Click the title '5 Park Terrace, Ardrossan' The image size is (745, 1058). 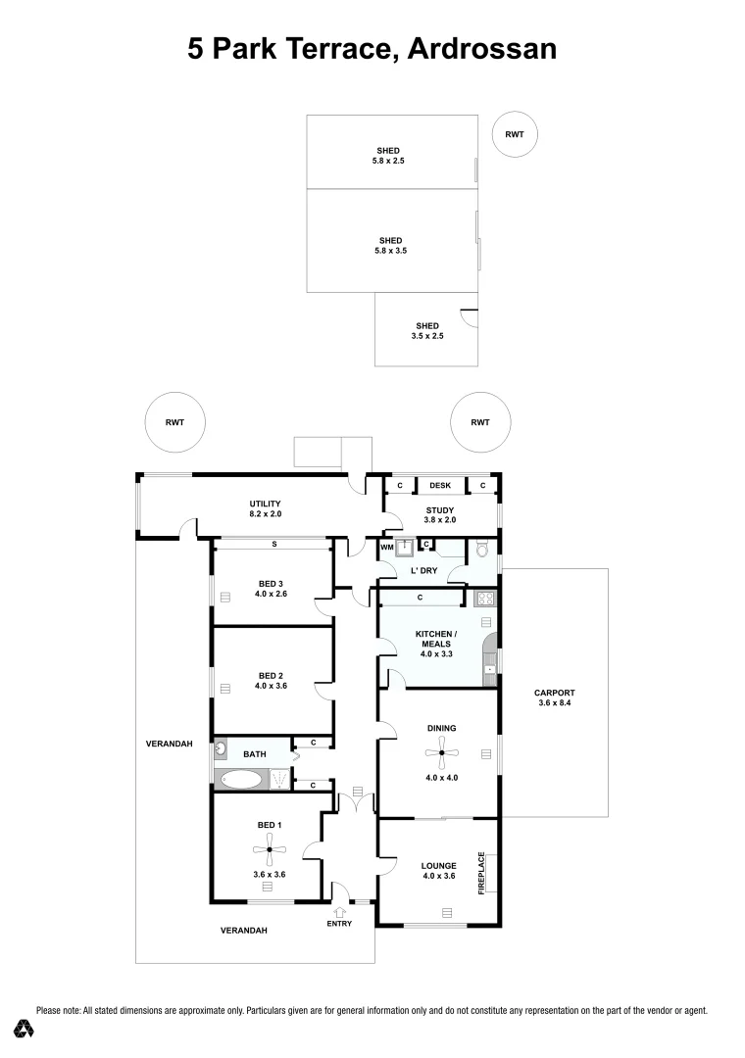pyautogui.click(x=372, y=48)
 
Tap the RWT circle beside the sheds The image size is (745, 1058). pyautogui.click(x=515, y=134)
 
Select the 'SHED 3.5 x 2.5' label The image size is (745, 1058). pyautogui.click(x=426, y=331)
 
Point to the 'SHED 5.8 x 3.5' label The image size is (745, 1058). pyautogui.click(x=391, y=245)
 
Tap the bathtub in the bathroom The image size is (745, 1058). pyautogui.click(x=241, y=780)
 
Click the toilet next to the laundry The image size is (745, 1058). pyautogui.click(x=481, y=551)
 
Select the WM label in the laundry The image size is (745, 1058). pyautogui.click(x=386, y=547)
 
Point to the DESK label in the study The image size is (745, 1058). pyautogui.click(x=440, y=486)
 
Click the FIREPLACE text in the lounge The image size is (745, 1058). pyautogui.click(x=481, y=872)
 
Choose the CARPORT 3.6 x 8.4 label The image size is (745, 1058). pyautogui.click(x=555, y=697)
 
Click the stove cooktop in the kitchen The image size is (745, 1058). pyautogui.click(x=484, y=598)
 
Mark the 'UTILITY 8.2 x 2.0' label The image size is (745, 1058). pyautogui.click(x=265, y=508)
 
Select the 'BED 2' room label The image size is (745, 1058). pyautogui.click(x=271, y=681)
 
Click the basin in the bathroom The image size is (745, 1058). pyautogui.click(x=222, y=749)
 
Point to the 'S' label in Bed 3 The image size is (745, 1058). pyautogui.click(x=274, y=544)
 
